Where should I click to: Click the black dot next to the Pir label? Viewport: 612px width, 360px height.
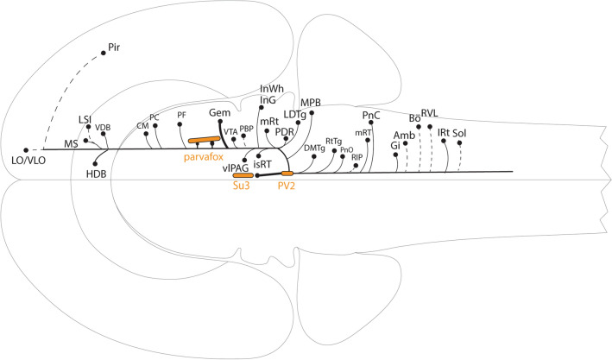click(104, 54)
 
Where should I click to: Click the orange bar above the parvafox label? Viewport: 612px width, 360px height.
click(206, 140)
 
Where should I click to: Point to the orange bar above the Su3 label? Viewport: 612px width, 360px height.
click(243, 175)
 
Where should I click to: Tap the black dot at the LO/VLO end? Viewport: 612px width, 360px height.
click(26, 149)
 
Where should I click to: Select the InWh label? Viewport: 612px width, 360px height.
click(273, 89)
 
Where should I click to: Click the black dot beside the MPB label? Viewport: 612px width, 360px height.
click(312, 113)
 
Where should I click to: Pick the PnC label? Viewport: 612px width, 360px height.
click(371, 114)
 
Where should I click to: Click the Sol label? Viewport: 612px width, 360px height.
click(459, 133)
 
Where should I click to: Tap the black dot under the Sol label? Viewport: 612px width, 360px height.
click(459, 143)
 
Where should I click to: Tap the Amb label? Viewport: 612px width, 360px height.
click(404, 135)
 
